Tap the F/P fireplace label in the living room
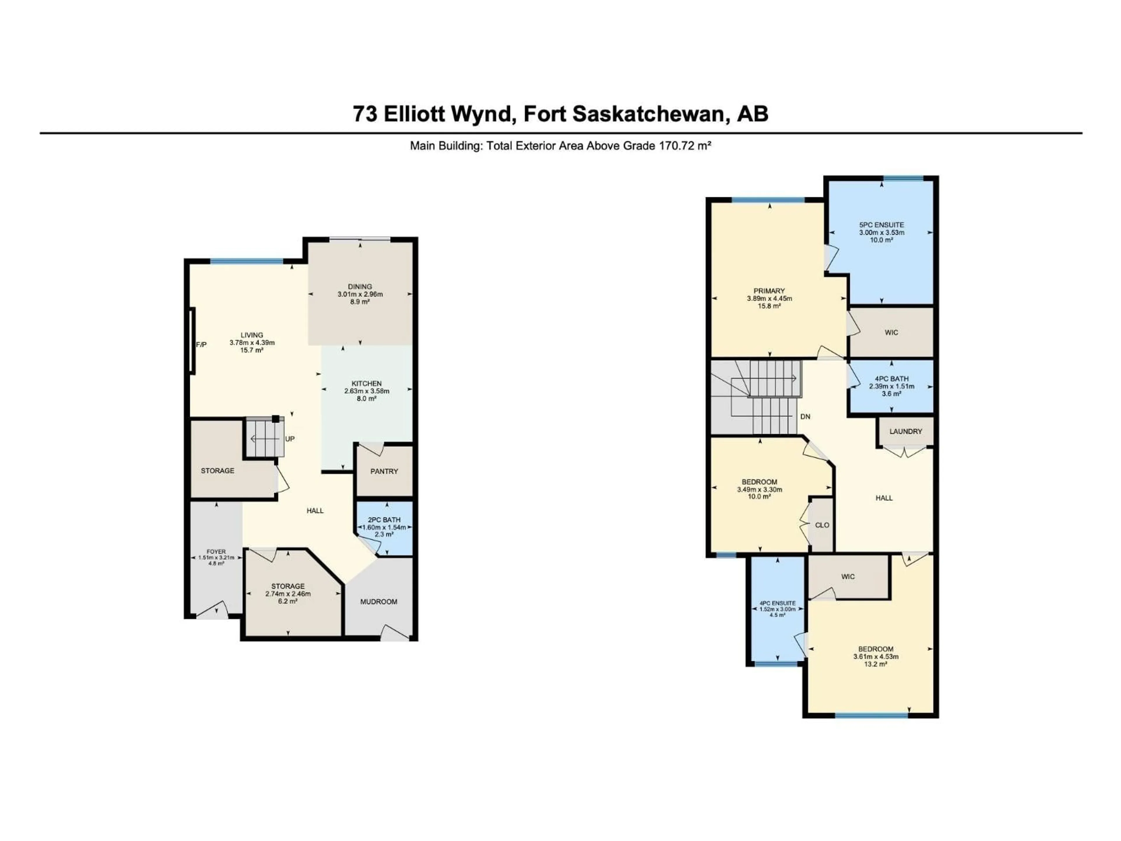click(x=201, y=345)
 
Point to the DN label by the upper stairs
click(x=805, y=417)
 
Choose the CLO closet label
click(x=822, y=525)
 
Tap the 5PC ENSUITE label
click(x=881, y=225)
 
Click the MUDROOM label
click(x=379, y=602)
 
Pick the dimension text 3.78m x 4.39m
click(x=252, y=343)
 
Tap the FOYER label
click(x=216, y=552)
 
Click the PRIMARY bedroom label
click(x=769, y=291)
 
